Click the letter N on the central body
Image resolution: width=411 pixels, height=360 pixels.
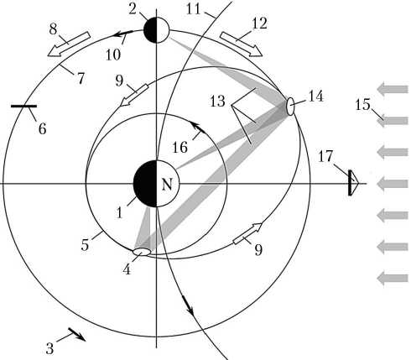pos(167,185)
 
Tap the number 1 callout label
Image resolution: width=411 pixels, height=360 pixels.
pos(119,213)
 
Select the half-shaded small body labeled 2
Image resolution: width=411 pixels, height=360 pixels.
pos(156,30)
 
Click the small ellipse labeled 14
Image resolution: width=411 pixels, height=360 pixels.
pos(290,107)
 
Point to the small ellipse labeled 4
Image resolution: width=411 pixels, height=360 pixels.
pos(142,252)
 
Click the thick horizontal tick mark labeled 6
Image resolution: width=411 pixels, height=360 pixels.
pos(23,106)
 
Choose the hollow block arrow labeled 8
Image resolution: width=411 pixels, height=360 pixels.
pos(69,44)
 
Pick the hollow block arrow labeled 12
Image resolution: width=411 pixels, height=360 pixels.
pos(241,44)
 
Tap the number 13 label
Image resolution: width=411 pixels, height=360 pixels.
pos(217,102)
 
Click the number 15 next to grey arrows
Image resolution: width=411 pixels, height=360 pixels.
pos(362,105)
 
